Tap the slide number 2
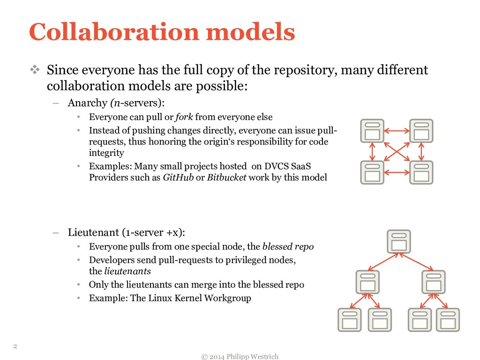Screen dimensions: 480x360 coord(15,346)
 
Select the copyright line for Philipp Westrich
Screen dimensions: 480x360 coord(240,357)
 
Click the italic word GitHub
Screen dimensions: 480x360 coord(178,178)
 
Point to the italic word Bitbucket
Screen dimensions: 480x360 coord(226,178)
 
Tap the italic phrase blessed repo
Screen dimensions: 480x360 coord(288,247)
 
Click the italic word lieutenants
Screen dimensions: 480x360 coord(127,271)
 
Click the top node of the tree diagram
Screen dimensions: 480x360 coord(398,241)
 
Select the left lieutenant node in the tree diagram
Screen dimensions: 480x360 coord(367,282)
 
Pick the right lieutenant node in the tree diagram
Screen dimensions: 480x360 coord(433,282)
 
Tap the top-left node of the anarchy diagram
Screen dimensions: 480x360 coord(372,131)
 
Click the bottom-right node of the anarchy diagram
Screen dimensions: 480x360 coord(421,172)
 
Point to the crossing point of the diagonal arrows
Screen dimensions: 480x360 coord(397,152)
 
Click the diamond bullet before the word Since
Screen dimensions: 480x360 coord(36,71)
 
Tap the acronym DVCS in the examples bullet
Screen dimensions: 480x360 coord(277,166)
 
